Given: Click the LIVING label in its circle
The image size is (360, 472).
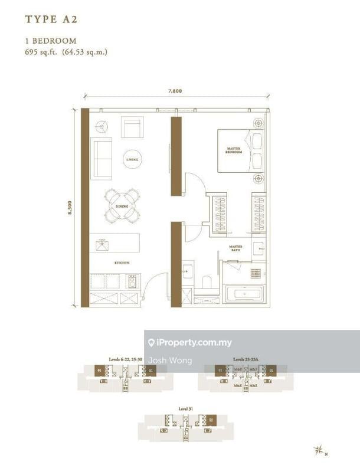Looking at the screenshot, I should click(133, 159).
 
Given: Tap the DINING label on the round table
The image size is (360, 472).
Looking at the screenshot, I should click(122, 206).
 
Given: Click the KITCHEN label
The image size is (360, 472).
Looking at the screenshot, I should click(123, 263).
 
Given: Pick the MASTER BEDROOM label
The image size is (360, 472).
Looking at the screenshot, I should click(234, 150).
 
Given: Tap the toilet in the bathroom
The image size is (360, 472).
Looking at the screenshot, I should click(207, 281).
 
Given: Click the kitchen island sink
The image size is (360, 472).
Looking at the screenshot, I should click(101, 243).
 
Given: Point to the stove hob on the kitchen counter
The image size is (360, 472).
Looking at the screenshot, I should click(132, 283).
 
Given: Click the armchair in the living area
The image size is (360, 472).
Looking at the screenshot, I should click(132, 127).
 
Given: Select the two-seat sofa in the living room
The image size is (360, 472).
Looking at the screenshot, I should click(101, 158).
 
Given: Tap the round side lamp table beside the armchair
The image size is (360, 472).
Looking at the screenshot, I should click(102, 126).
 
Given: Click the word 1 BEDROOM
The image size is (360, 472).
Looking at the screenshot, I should click(50, 41).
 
